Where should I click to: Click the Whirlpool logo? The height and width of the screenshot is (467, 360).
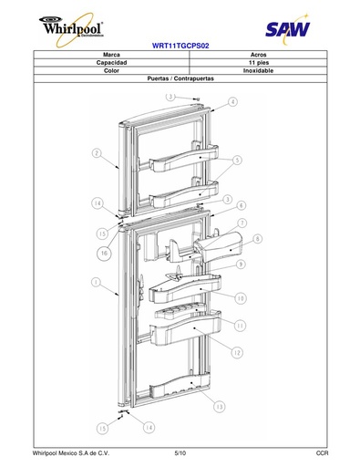pos(72,29)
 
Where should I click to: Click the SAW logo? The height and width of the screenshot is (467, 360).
pos(287,29)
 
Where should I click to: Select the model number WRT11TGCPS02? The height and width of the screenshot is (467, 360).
pos(180,46)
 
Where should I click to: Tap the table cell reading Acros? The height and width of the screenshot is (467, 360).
pos(258,55)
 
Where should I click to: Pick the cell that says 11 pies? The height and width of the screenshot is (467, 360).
pos(258,63)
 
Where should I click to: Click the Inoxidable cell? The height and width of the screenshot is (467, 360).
pos(258,70)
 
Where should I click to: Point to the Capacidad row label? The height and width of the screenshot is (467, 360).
pos(111,63)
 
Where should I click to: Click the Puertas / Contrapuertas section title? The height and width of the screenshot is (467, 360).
pos(180,78)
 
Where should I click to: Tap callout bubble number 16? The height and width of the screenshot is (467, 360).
pos(104,253)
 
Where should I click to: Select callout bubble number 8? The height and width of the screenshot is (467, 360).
pos(257,239)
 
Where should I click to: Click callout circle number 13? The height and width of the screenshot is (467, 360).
pos(220,407)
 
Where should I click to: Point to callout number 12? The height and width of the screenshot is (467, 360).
pos(237,353)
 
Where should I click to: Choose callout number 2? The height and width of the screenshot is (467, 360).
pos(97,153)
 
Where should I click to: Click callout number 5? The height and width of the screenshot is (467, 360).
pos(237,160)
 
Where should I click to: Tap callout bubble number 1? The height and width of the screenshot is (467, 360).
pos(96,283)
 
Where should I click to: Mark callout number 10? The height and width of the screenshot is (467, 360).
pos(241,298)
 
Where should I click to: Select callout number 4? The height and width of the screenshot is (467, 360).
pos(232,101)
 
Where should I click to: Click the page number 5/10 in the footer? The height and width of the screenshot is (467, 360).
pos(180,453)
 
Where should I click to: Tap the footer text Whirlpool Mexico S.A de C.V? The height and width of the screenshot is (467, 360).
pos(71,453)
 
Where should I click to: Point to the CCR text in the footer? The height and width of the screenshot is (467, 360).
pos(322,453)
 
